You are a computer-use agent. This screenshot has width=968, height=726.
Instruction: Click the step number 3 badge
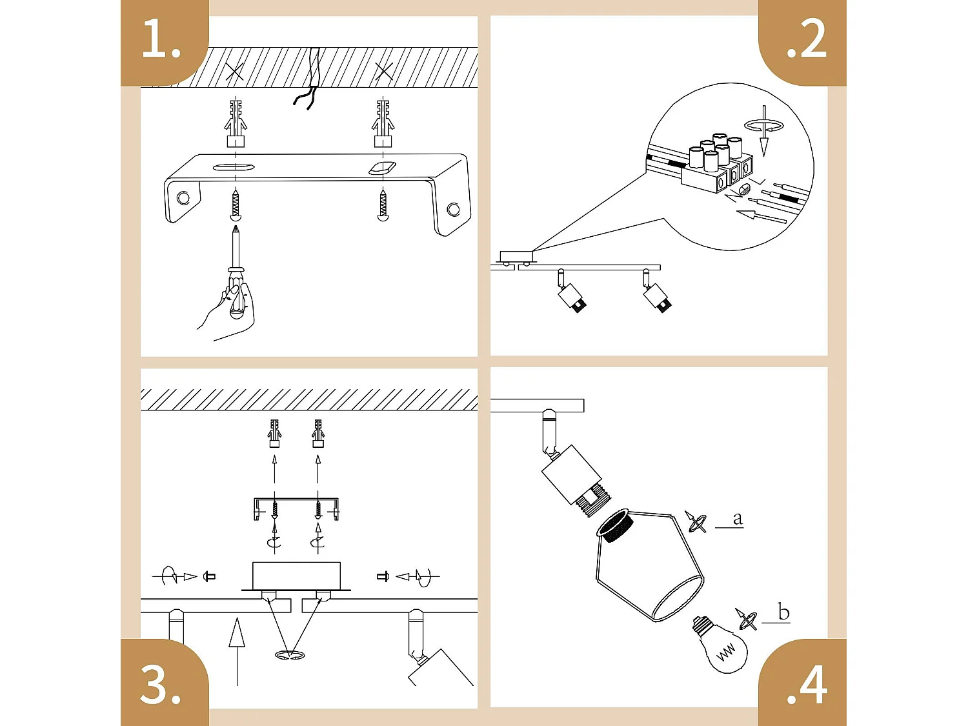pyautogui.click(x=161, y=684)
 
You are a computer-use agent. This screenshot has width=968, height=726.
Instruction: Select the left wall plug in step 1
pyautogui.click(x=236, y=123)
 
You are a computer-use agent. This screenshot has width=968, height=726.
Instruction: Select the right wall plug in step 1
pyautogui.click(x=383, y=123)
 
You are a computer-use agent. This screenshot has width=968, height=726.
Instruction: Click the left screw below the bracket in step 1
pyautogui.click(x=236, y=205)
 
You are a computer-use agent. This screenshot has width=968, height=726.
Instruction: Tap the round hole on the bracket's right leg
pyautogui.click(x=454, y=209)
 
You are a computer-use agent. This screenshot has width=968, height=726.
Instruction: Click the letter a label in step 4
pyautogui.click(x=738, y=518)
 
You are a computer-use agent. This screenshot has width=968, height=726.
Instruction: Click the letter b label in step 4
pyautogui.click(x=783, y=612)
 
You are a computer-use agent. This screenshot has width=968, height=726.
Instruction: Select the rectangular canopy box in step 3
pyautogui.click(x=296, y=574)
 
